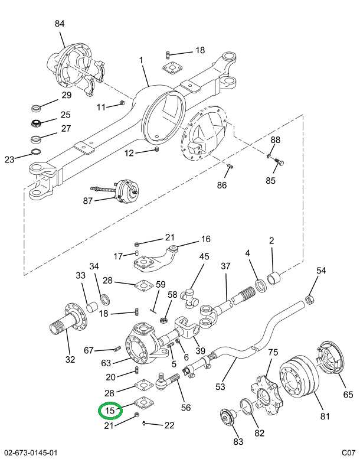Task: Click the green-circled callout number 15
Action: click(110, 410)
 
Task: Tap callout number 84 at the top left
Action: click(60, 24)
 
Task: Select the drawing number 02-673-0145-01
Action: click(30, 453)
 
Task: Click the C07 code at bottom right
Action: click(348, 453)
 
